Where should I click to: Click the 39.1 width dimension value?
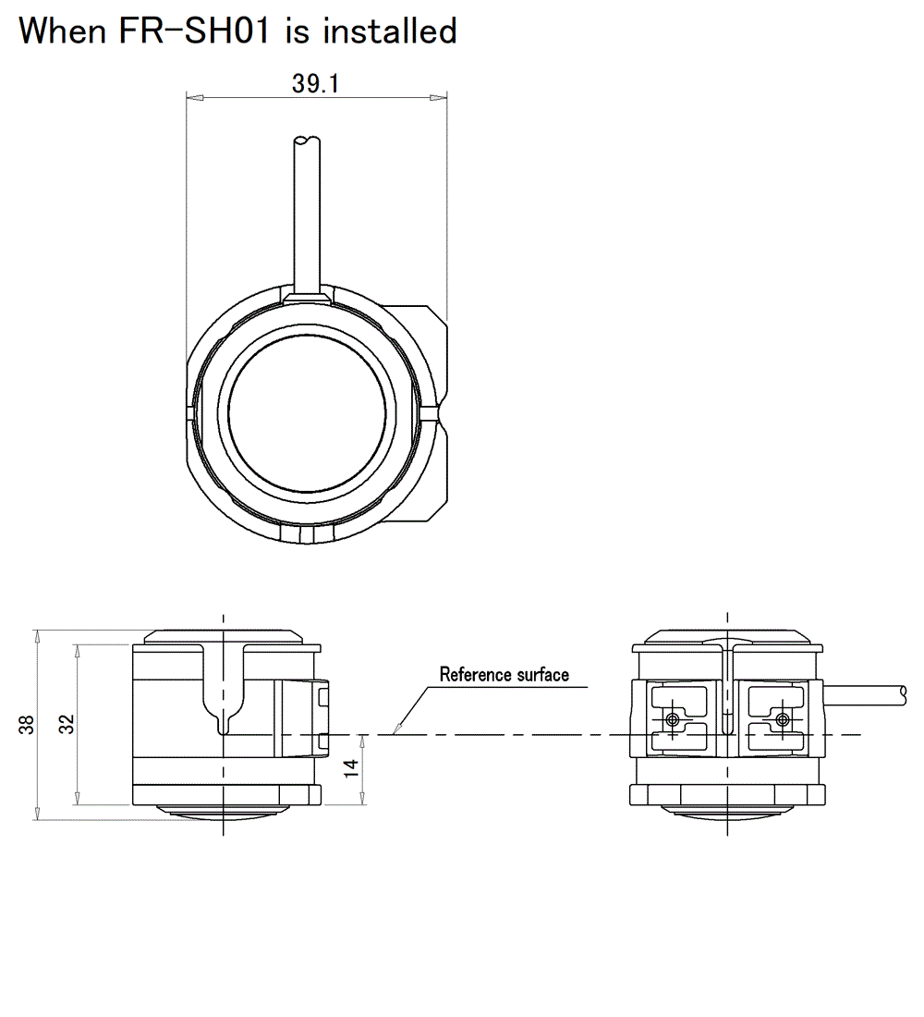pos(316,84)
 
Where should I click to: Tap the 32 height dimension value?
pos(67,725)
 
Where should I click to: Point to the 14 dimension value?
pos(351,767)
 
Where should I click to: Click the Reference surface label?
pos(504,674)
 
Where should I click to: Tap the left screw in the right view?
pos(673,719)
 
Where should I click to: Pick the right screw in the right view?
pos(783,719)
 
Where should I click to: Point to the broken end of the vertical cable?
pos(305,141)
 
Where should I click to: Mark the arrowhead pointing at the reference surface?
pos(396,731)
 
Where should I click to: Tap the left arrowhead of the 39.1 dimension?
pos(190,96)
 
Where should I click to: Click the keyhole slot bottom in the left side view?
pos(223,730)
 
